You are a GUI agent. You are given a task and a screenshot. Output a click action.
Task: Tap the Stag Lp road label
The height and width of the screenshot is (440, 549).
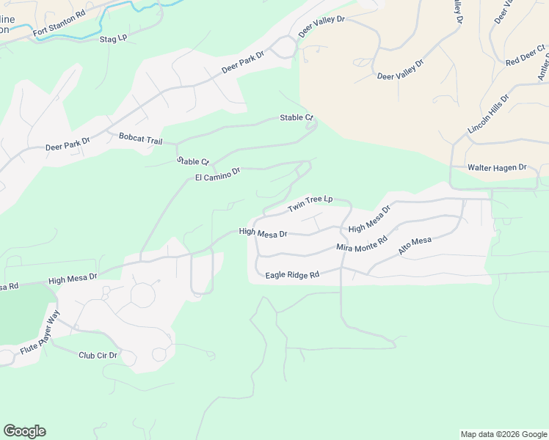point(113,38)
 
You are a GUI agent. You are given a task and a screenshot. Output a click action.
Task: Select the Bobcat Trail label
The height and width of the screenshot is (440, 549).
point(140,137)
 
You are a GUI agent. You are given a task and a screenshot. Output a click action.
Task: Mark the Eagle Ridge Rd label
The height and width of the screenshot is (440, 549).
point(292,275)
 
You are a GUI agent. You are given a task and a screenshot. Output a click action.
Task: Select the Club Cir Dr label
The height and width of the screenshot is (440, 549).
point(98,356)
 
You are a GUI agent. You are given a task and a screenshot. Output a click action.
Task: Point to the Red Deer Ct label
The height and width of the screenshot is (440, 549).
point(526,56)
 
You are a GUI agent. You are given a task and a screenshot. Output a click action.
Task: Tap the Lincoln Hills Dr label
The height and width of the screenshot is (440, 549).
point(488,114)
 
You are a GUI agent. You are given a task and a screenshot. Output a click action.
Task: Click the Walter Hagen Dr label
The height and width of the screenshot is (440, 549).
point(498,168)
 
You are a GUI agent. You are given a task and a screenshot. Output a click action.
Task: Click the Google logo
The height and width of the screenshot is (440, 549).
point(24,431)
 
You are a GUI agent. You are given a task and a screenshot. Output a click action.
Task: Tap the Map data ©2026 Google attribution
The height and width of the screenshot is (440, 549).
point(503,434)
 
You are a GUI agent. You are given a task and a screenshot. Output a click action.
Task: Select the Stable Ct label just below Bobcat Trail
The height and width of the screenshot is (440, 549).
point(193,161)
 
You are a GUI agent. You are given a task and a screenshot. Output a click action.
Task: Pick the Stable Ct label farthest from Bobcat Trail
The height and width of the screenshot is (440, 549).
point(297,117)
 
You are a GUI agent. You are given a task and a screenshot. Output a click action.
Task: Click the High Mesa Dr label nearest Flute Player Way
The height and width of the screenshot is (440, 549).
point(73,279)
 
